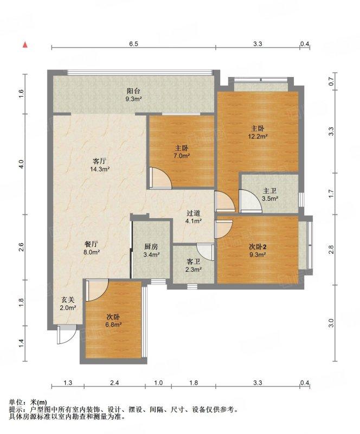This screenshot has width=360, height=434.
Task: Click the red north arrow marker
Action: click(25, 45)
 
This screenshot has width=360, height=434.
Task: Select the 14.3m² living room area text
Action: click(100, 169)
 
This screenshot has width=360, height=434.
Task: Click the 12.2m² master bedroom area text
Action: click(258, 136)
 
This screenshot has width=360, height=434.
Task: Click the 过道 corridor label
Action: click(194, 213)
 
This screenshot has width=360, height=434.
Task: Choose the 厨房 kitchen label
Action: click(151, 247)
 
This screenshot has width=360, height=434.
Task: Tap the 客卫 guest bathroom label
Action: click(194, 261)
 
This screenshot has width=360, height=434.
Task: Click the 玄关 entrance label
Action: click(68, 300)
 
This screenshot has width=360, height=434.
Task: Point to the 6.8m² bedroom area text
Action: click(113, 324)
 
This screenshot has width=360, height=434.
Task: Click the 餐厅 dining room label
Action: click(91, 245)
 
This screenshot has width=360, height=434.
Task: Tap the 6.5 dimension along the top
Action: click(133, 44)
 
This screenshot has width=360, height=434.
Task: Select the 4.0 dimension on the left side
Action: click(22, 164)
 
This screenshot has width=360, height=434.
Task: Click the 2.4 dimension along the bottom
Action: click(114, 383)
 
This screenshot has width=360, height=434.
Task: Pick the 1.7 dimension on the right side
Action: click(332, 194)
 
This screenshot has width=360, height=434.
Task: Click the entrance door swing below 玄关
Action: click(67, 334)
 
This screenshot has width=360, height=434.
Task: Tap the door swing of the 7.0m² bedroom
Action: click(161, 178)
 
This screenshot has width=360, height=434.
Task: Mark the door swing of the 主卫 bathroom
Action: click(250, 201)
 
